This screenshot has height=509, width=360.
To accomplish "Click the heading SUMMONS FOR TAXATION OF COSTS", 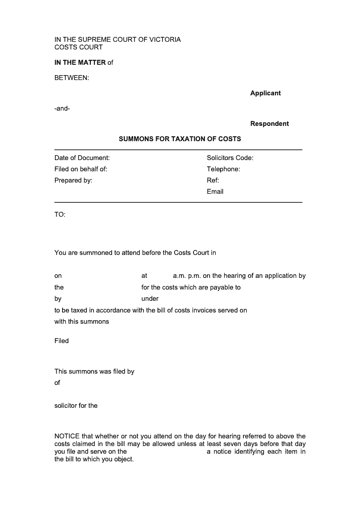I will click(180, 139).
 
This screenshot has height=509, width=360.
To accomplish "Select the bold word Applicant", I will click(265, 93).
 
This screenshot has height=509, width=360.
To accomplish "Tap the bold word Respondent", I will click(270, 124).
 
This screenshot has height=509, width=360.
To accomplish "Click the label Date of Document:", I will click(82, 158).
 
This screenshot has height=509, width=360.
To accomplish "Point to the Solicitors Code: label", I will click(230, 158).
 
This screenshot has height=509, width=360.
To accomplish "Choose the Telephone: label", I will click(223, 169).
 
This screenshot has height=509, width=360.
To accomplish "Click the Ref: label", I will click(213, 180).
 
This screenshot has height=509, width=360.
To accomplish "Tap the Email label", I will click(215, 192).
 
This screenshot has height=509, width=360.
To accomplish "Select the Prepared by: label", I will click(73, 180).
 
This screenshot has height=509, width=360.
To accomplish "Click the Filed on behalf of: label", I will click(81, 169).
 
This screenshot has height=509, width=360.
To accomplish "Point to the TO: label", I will click(60, 214).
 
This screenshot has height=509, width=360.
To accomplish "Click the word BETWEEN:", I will click(72, 78).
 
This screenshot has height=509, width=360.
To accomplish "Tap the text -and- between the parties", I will click(62, 108).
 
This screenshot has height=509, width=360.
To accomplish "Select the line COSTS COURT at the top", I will click(78, 47).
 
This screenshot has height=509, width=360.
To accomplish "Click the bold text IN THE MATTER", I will click(80, 63).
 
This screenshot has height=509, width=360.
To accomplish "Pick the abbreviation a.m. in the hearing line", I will click(180, 276).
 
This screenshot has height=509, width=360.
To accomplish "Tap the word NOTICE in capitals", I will click(67, 436).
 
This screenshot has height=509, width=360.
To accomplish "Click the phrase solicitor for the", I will click(76, 406).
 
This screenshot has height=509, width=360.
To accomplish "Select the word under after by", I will click(150, 299).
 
